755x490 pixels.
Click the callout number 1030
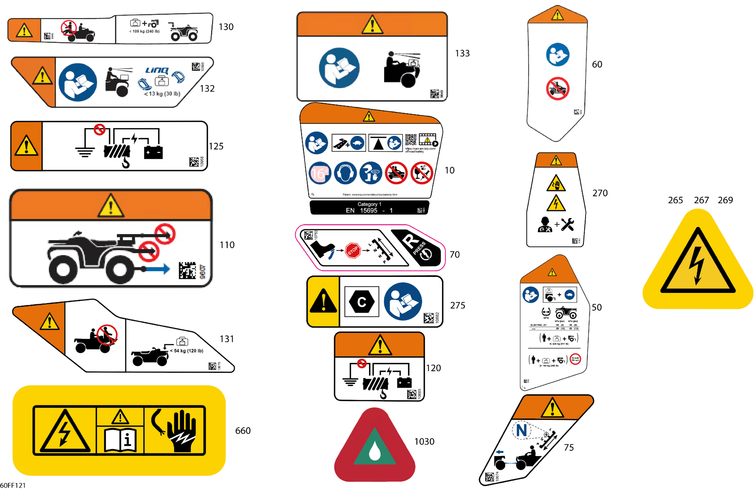pos(424,442)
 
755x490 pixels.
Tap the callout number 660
pos(243,431)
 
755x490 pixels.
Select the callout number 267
pos(701,200)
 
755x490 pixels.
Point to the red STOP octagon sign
pos(353,251)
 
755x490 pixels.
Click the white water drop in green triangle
pos(375,450)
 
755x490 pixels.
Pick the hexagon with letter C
pos(362,302)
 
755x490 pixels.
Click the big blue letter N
pos(521,431)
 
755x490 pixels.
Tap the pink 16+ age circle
pos(319,173)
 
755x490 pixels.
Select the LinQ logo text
pos(157,70)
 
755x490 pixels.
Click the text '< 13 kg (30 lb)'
pos(162,94)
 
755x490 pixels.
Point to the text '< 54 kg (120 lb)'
pos(187,351)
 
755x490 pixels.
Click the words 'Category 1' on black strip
pos(369,204)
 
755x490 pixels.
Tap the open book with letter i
pos(120,440)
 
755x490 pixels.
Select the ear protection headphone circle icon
pos(345,173)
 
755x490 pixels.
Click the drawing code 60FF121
pos(13,485)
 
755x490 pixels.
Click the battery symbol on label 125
pos(153,152)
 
